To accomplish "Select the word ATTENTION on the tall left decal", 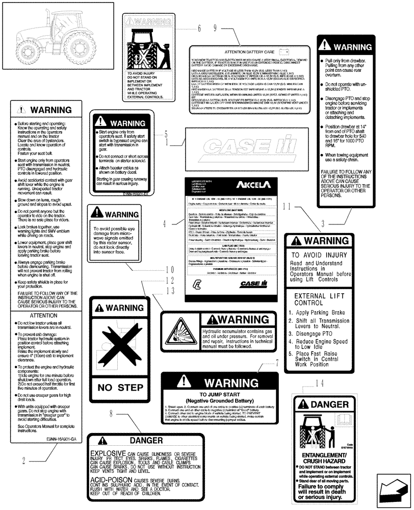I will (43, 316).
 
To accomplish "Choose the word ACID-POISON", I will (110, 480).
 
